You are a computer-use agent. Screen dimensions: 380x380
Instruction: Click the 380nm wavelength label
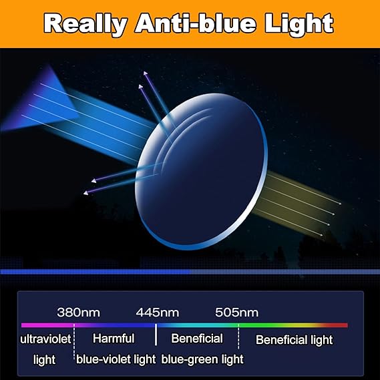pyautogui.click(x=79, y=313)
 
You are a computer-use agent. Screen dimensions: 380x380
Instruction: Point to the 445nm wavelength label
pyautogui.click(x=158, y=313)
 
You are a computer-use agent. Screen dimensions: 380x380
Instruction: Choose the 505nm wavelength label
pyautogui.click(x=237, y=313)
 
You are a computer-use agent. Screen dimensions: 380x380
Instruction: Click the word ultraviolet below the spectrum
pyautogui.click(x=45, y=339)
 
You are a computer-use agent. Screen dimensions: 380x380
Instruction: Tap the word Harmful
pyautogui.click(x=114, y=339)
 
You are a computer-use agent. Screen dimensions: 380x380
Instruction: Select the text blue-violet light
pyautogui.click(x=116, y=359)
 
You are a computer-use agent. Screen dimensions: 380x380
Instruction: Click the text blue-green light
pyautogui.click(x=202, y=359)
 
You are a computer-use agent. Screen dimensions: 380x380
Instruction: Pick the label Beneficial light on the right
pyautogui.click(x=294, y=339)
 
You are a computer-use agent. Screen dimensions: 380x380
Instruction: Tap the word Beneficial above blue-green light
pyautogui.click(x=197, y=339)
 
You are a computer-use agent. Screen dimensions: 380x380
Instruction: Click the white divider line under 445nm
pyautogui.click(x=156, y=334)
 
